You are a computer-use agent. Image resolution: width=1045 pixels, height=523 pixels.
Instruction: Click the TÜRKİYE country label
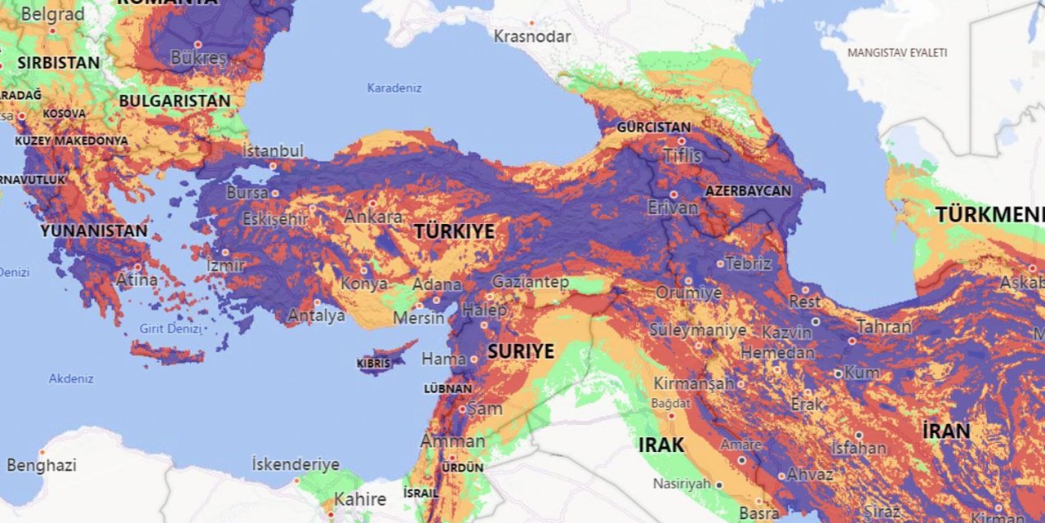(x=455, y=231)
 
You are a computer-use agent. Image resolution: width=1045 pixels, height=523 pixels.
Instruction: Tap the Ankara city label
(x=373, y=217)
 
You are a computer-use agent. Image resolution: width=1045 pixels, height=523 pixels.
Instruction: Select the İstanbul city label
(x=273, y=150)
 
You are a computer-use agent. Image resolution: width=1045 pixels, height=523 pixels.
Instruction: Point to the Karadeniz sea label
(x=394, y=87)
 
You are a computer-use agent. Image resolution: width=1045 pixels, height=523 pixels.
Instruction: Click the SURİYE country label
(x=521, y=352)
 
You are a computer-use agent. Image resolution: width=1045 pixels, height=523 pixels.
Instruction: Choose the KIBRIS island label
(x=374, y=363)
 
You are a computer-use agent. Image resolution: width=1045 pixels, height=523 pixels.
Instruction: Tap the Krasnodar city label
(x=532, y=37)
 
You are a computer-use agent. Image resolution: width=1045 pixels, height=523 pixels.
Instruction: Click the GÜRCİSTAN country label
(x=653, y=127)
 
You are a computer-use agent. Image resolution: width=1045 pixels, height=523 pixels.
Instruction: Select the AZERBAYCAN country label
(x=749, y=190)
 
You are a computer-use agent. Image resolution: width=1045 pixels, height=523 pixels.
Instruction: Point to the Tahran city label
(x=883, y=326)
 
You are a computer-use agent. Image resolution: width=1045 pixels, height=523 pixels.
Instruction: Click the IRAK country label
(x=661, y=445)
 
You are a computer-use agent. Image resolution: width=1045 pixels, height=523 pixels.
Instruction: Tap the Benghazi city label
(x=41, y=465)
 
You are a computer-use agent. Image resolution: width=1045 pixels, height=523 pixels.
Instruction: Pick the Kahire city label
(x=360, y=498)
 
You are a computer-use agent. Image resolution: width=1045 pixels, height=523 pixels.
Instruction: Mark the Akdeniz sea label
(x=71, y=378)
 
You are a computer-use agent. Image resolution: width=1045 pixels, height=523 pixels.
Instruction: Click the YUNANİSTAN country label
(x=94, y=230)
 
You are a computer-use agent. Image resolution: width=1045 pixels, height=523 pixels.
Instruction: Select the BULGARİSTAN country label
(x=175, y=101)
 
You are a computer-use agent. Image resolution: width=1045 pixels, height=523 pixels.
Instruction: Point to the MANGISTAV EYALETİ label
(x=897, y=52)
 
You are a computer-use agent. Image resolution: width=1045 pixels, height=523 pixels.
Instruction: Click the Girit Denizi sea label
(x=170, y=329)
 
